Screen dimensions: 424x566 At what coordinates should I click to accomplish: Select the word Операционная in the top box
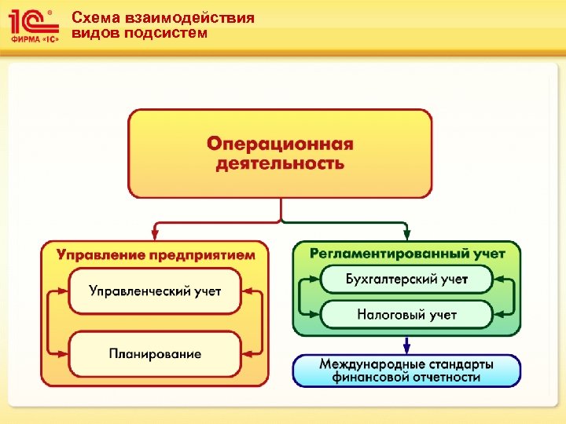pos(280,145)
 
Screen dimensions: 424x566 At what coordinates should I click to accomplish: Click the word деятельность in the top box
pos(280,164)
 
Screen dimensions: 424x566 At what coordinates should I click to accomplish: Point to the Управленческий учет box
pos(155,291)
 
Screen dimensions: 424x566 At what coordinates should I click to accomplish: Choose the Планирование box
pos(155,354)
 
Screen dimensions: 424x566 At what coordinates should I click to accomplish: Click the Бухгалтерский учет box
pos(406,279)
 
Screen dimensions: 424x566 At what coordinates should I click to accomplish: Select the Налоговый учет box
pos(406,315)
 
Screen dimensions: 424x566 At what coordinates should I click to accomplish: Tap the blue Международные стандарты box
pos(406,371)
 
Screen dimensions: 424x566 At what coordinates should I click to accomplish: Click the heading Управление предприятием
pos(156,254)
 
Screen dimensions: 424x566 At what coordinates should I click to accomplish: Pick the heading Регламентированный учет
pos(407,254)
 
